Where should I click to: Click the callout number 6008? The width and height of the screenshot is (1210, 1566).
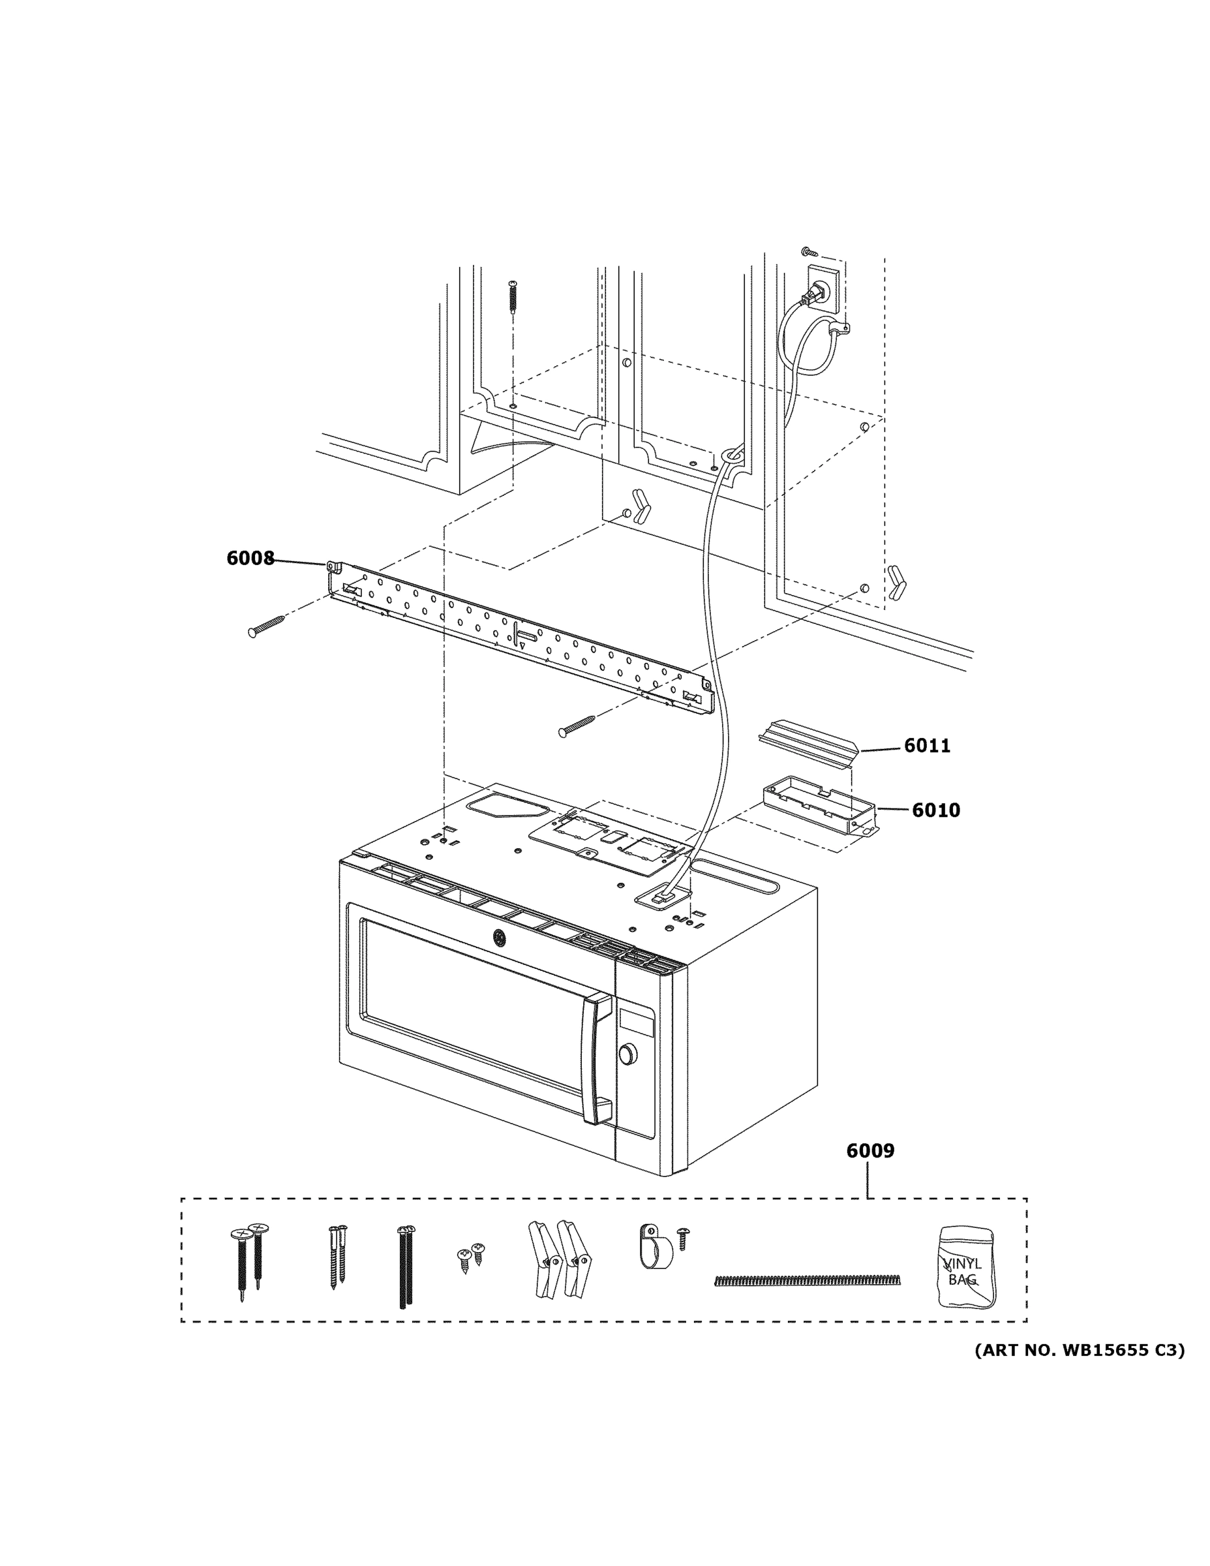coord(250,558)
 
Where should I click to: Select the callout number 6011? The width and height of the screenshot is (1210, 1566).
coord(926,746)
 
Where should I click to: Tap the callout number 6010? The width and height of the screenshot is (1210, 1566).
coord(935,810)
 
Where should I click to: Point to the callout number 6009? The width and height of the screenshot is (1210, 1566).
coord(870,1151)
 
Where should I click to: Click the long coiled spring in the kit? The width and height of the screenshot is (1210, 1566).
coord(807,1280)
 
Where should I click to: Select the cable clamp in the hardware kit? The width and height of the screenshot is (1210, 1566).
coord(654,1246)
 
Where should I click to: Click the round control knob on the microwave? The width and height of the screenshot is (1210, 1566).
coord(628,1053)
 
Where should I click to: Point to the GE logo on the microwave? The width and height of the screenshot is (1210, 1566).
coord(497,936)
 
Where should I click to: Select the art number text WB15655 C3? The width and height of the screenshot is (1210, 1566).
coord(1079,1351)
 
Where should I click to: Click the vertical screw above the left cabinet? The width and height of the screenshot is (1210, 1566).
coord(513,296)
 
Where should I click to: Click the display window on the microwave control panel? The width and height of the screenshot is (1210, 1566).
coord(637,1021)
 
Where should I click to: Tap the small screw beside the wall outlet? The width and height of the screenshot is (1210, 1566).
coord(809,252)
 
